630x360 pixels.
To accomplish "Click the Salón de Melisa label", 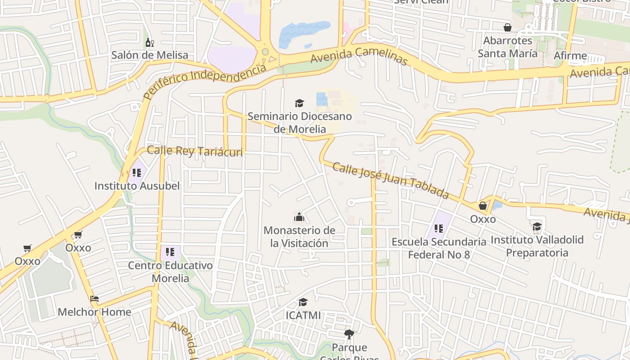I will (x=150, y=55).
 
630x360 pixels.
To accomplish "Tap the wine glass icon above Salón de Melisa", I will (x=150, y=43).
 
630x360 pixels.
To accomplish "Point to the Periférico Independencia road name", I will (x=205, y=81).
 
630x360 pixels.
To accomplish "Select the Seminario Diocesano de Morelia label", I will (x=300, y=123).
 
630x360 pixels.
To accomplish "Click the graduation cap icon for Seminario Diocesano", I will (x=300, y=103).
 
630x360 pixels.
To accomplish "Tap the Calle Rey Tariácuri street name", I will (x=195, y=151).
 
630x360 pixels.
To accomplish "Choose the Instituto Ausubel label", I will (x=137, y=186).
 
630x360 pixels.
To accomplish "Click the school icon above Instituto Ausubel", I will (x=137, y=173).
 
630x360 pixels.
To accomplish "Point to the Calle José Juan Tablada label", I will (x=391, y=180).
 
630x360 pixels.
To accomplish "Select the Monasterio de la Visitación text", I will (x=299, y=237).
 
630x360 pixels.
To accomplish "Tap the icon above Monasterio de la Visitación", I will (x=299, y=218).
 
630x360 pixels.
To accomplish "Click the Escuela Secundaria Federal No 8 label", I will (x=439, y=248).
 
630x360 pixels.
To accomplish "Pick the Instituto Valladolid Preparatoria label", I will (x=537, y=246).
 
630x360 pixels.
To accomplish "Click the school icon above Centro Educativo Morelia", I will (x=170, y=252).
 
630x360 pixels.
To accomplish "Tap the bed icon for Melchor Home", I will (x=94, y=299).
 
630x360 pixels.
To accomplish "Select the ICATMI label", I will (x=303, y=315).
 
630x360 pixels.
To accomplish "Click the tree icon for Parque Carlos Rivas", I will (x=349, y=334).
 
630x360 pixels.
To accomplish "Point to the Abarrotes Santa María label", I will (x=508, y=47).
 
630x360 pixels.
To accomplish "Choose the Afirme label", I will (x=570, y=56).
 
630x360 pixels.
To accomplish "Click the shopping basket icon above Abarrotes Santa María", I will (x=508, y=28).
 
